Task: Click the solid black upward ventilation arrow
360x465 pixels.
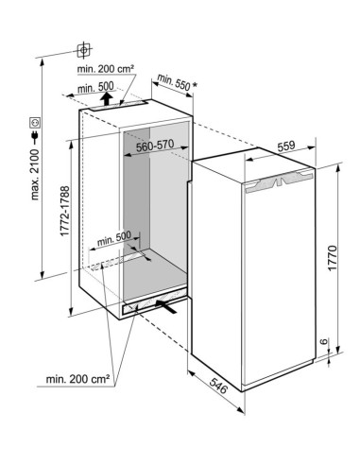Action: point(105,95)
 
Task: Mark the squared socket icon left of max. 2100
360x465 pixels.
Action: point(34,122)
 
